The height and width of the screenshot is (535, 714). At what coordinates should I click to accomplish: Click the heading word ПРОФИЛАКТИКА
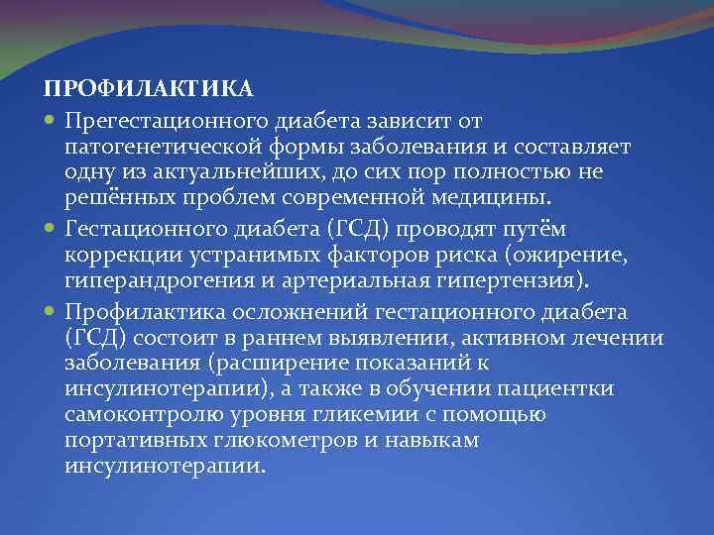click(149, 89)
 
